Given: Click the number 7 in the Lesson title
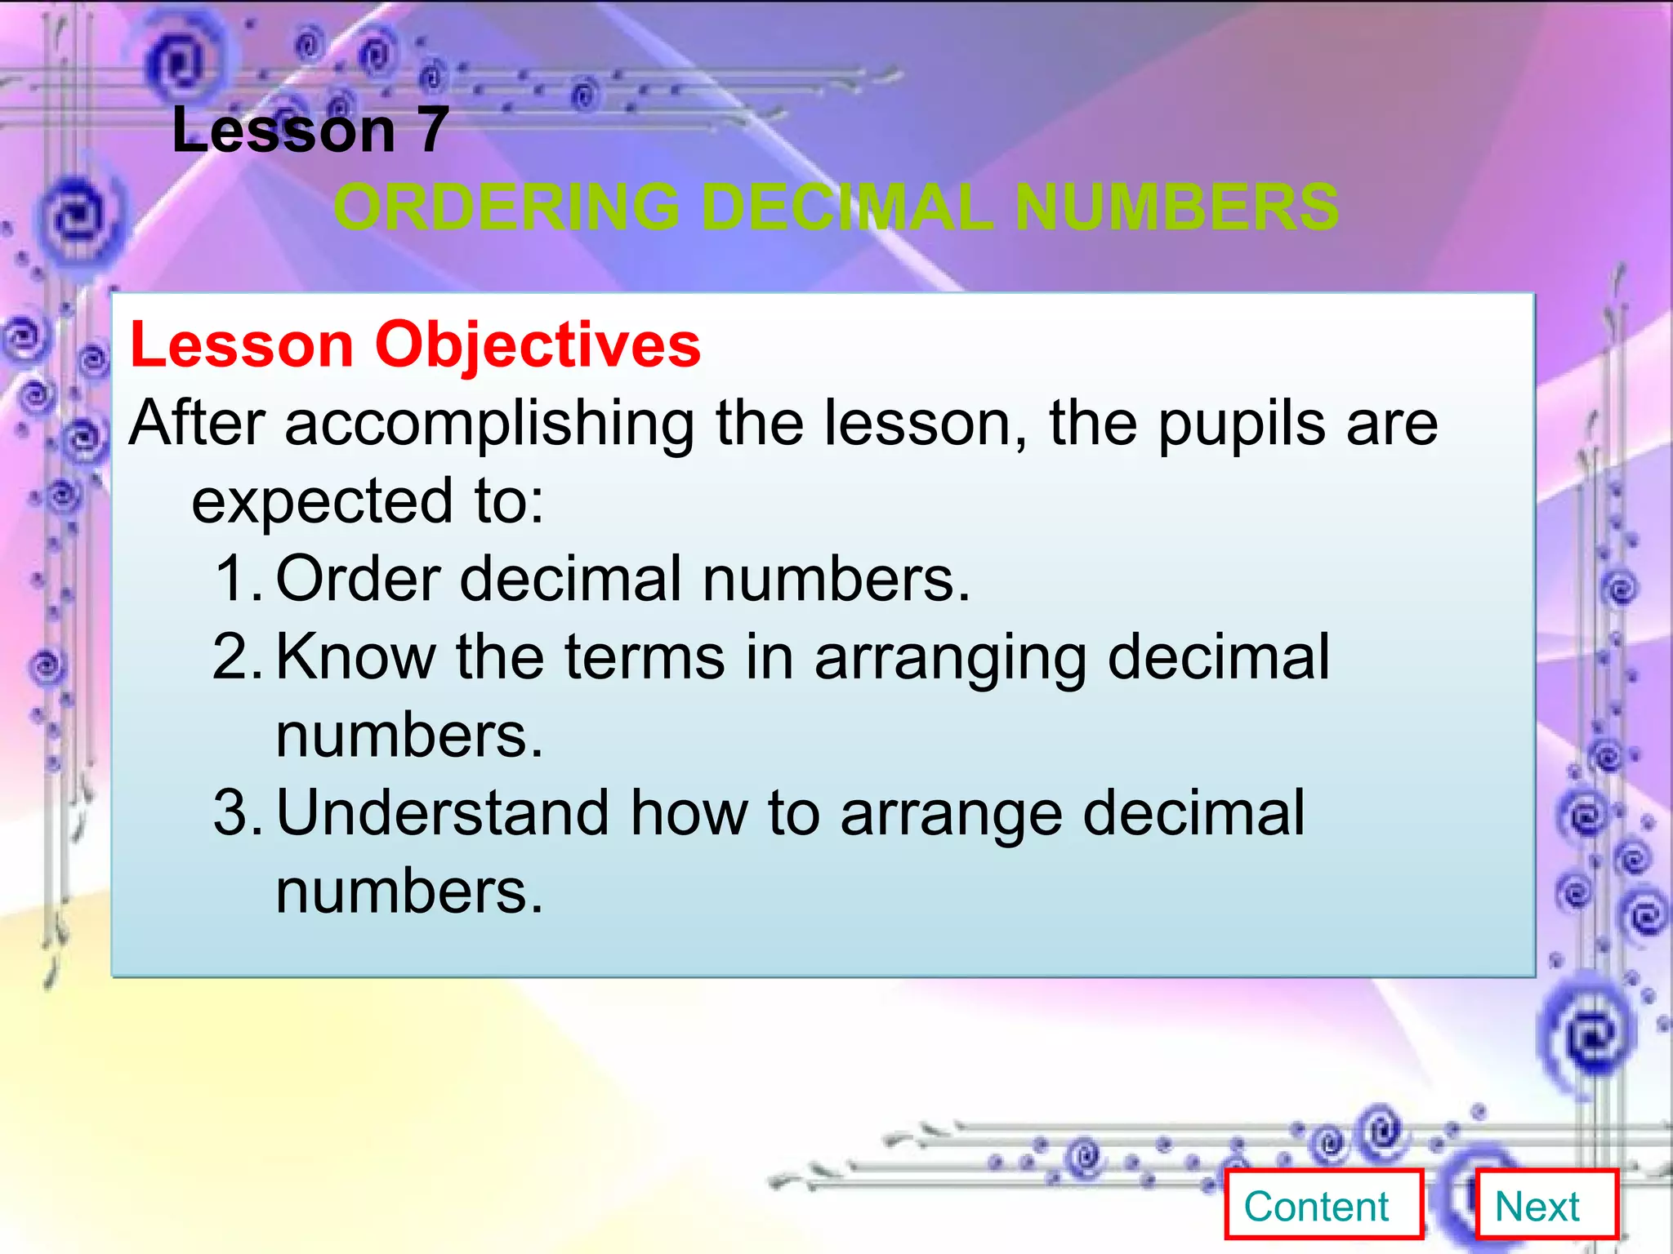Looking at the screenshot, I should (x=433, y=131).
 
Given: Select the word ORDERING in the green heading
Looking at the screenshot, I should (x=506, y=207).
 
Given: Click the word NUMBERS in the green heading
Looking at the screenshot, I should (x=1176, y=207).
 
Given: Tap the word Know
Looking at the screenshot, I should (x=355, y=656).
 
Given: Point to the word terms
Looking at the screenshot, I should (x=645, y=656).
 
